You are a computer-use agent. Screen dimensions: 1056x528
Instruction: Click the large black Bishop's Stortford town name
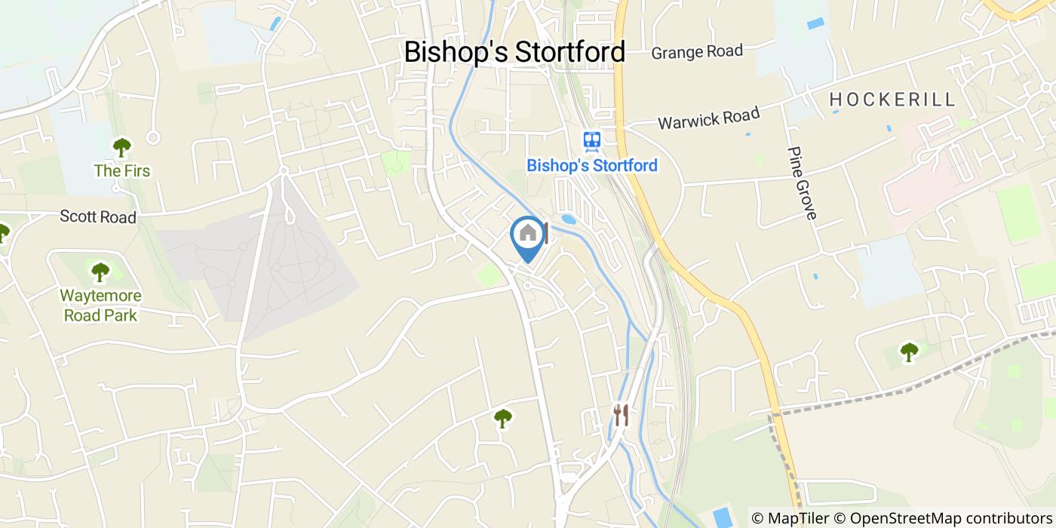514,52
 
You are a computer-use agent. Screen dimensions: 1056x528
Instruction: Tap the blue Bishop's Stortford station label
592,165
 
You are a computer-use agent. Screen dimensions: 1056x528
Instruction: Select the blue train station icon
591,140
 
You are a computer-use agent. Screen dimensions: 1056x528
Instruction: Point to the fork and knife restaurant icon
621,414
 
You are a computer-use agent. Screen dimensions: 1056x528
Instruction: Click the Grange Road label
697,52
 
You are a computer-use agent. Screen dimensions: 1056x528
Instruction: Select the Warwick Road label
708,118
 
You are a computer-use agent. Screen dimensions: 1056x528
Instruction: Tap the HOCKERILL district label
892,99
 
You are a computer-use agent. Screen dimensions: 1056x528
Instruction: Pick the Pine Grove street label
802,183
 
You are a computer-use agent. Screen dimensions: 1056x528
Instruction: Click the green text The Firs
122,171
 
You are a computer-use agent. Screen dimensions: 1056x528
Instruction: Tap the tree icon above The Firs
121,146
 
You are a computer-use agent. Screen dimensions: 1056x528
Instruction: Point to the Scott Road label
98,217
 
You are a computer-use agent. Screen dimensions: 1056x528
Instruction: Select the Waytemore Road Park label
100,305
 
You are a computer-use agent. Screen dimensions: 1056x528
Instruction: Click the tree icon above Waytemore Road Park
100,272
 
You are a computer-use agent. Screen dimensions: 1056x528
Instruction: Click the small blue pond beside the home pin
569,219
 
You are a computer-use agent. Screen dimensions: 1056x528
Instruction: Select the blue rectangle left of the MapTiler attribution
723,517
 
